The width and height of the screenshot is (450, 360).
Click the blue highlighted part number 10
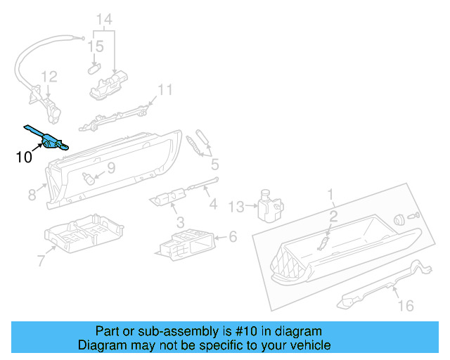point(49,140)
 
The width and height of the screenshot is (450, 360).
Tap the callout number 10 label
point(23,157)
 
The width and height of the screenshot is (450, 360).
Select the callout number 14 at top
point(104,19)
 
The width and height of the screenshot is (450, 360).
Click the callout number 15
point(96,47)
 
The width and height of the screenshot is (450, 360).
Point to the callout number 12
point(48,77)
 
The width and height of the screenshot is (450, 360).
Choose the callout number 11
point(164,90)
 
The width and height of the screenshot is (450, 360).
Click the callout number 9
point(110,169)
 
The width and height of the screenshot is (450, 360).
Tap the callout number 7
point(40,262)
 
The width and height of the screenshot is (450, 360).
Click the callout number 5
point(214,165)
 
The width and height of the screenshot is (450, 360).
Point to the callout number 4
point(212,205)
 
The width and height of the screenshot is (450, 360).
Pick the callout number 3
point(180,223)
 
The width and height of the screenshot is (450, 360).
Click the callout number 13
point(236,206)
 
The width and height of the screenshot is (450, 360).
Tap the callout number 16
point(406,305)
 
